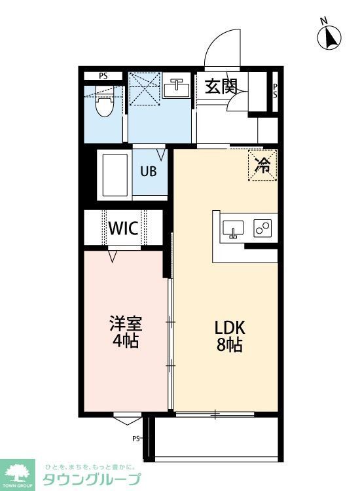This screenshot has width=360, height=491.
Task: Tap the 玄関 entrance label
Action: point(220,87)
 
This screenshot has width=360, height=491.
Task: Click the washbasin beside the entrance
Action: point(176,88)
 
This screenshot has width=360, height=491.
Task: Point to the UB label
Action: point(149,173)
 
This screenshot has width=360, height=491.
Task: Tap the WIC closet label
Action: point(122,228)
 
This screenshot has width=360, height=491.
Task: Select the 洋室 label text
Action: point(125,324)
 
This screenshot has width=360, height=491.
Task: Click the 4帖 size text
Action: point(125,341)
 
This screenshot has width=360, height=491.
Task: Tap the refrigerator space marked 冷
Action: point(262,165)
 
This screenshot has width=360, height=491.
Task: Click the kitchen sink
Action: point(233,229)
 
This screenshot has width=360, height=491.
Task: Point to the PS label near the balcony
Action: point(137,439)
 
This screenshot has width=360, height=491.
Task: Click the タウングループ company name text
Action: point(91,479)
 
